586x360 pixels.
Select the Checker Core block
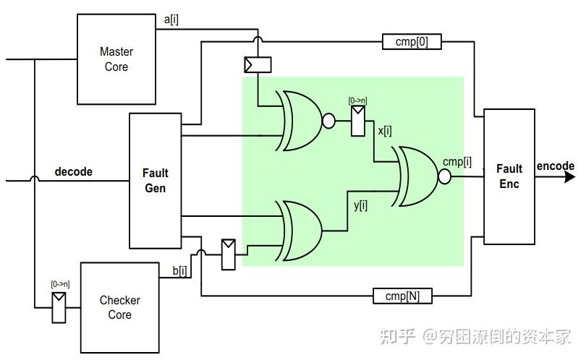[x=119, y=307]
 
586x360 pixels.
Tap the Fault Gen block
[x=155, y=180]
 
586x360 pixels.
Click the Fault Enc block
[x=509, y=176]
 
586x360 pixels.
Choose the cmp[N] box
[x=402, y=295]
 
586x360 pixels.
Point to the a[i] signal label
[x=171, y=20]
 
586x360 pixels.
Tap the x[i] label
[x=384, y=131]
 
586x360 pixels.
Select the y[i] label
[x=360, y=205]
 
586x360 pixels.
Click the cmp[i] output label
[x=457, y=162]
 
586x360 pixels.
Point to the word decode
[x=74, y=172]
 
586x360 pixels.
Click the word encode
[x=555, y=166]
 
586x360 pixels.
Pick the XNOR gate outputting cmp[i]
[x=415, y=176]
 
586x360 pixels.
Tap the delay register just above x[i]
[x=358, y=121]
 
